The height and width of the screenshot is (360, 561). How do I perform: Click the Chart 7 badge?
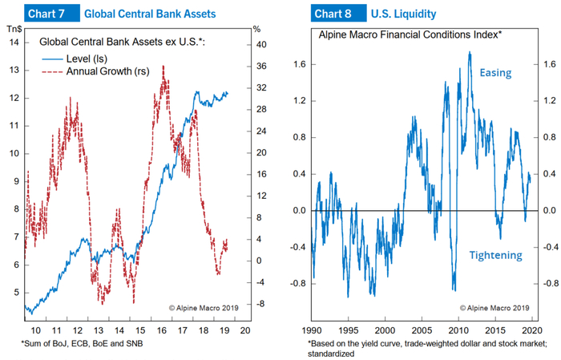click(48, 14)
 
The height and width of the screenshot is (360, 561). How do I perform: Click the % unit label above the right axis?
click(256, 29)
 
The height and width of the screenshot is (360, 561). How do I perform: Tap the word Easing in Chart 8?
click(496, 73)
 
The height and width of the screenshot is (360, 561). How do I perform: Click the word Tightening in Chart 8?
click(495, 255)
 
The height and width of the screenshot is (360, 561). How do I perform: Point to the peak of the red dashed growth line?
click(163, 67)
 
